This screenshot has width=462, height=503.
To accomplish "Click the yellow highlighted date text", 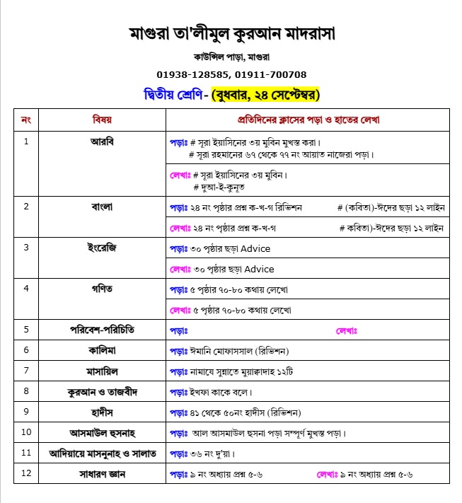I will [266, 93].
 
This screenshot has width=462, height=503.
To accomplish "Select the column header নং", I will [26, 119].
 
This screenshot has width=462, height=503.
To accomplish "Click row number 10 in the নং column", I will [28, 432].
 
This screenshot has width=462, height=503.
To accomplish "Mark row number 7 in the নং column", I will [26, 370].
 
